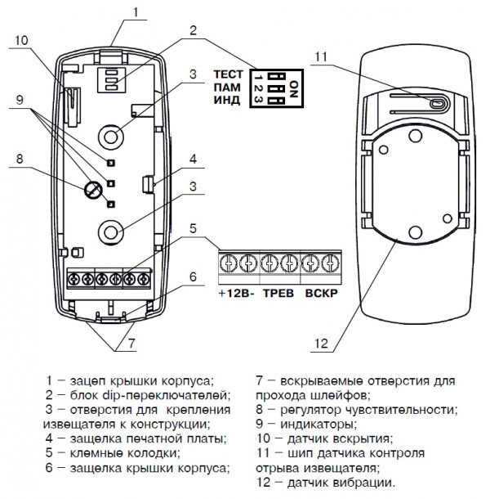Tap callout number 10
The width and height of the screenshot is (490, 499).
(x=22, y=40)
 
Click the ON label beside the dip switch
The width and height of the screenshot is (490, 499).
(x=295, y=86)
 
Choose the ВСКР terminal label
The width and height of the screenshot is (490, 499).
(x=321, y=292)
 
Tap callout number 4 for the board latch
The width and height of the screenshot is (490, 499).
(x=193, y=159)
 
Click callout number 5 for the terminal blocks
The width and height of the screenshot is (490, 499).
(x=193, y=228)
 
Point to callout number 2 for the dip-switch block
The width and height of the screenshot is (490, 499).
(x=193, y=32)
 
